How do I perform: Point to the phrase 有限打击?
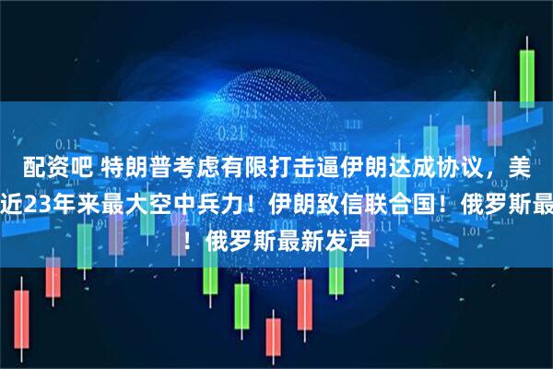tap(241, 166)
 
